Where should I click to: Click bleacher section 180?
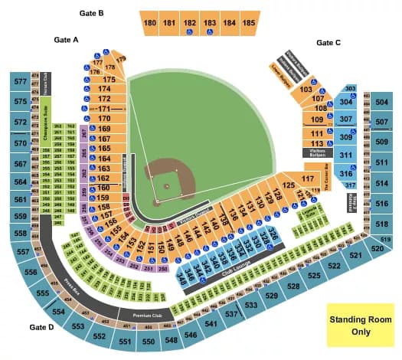click(x=149, y=24)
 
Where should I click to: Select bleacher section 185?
click(x=247, y=24)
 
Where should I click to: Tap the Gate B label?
click(x=91, y=13)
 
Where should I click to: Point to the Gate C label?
click(x=328, y=43)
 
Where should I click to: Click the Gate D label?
click(x=42, y=327)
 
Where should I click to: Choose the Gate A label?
click(x=67, y=39)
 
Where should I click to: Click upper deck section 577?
click(x=19, y=80)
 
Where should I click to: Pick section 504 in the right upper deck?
click(x=381, y=102)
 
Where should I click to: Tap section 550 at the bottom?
click(x=149, y=342)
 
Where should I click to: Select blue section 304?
click(x=346, y=102)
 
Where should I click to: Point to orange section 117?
click(x=308, y=179)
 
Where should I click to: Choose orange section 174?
click(x=105, y=89)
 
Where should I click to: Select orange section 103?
click(x=306, y=90)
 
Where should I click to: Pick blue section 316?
click(x=346, y=173)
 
